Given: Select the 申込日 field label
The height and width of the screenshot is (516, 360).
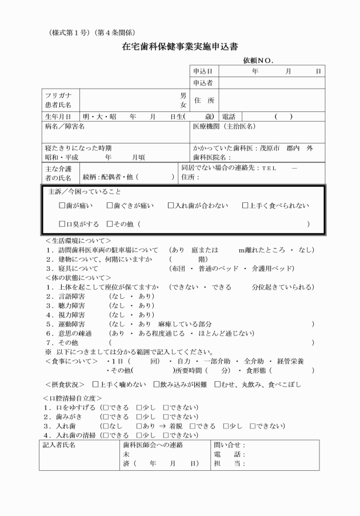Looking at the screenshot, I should pyautogui.click(x=203, y=71).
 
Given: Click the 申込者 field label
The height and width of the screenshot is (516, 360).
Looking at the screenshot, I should pyautogui.click(x=203, y=83).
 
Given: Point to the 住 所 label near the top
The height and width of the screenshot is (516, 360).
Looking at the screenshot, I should pyautogui.click(x=204, y=101).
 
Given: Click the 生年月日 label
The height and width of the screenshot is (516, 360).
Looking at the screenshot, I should pyautogui.click(x=58, y=116).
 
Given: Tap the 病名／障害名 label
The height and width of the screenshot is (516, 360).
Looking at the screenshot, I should pyautogui.click(x=65, y=126).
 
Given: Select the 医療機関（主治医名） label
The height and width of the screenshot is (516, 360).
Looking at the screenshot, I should pyautogui.click(x=225, y=126).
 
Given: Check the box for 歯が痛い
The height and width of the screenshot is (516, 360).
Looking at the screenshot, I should pyautogui.click(x=63, y=205).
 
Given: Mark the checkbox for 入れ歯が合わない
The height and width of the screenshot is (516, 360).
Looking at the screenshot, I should pyautogui.click(x=171, y=205).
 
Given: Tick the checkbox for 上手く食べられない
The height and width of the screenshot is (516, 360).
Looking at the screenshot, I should pyautogui.click(x=245, y=205).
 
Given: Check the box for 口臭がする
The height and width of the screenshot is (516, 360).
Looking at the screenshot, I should pyautogui.click(x=63, y=223).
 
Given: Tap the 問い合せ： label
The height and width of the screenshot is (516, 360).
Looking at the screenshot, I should pyautogui.click(x=229, y=444).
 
